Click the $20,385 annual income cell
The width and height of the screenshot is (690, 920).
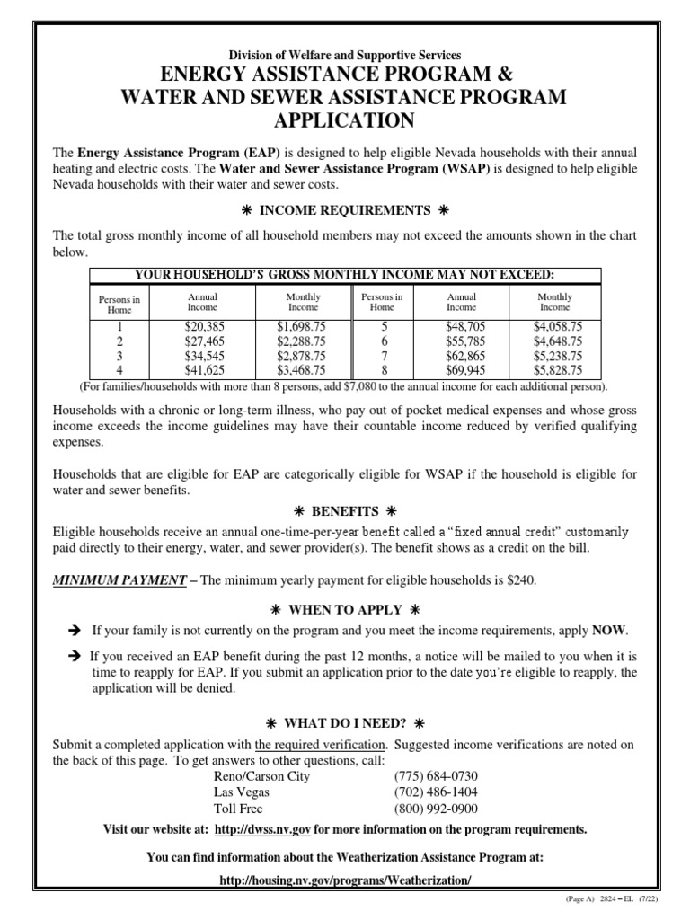(202, 327)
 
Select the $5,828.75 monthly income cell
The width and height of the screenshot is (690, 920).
(555, 369)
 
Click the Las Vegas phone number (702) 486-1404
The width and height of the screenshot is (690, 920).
(436, 792)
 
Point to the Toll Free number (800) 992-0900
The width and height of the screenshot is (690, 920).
(436, 808)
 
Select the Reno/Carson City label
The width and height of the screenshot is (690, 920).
(261, 776)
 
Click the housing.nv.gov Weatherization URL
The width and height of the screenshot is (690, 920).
(345, 882)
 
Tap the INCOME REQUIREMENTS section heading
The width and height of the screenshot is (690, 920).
(345, 210)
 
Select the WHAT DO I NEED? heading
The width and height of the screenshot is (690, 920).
(345, 723)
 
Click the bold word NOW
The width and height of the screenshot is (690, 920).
(614, 630)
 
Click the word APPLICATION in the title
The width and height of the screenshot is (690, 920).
(345, 120)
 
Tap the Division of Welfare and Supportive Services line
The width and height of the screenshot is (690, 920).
(345, 56)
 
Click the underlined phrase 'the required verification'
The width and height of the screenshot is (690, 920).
(322, 745)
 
